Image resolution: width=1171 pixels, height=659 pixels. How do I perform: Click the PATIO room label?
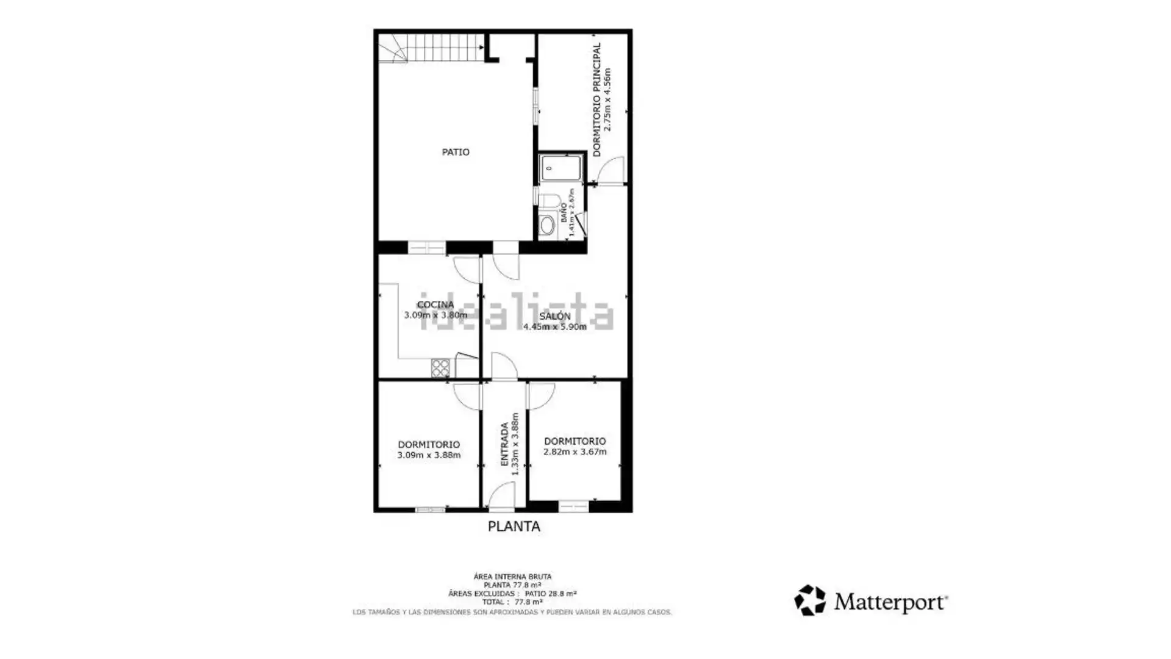click(x=456, y=152)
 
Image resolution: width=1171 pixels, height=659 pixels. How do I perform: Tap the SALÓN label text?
click(x=554, y=316)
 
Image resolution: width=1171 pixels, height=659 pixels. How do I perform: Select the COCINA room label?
click(x=435, y=304)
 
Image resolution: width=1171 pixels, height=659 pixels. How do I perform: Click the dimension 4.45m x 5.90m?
click(x=554, y=327)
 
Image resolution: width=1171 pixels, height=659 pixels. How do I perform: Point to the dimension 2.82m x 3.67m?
click(x=575, y=452)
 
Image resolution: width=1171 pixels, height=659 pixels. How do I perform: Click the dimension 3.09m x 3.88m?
click(x=429, y=455)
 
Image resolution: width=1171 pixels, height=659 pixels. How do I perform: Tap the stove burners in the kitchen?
click(x=440, y=368)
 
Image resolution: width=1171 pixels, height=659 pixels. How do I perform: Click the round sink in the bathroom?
click(x=548, y=225)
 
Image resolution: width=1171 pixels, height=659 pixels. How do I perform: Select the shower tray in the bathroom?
click(x=560, y=168)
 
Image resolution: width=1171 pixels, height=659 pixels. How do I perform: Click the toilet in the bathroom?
click(x=549, y=202)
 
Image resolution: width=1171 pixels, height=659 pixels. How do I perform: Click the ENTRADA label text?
click(x=504, y=444)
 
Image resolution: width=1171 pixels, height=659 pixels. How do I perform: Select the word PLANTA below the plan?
click(x=514, y=527)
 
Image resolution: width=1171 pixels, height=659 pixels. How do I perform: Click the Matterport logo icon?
click(x=810, y=600)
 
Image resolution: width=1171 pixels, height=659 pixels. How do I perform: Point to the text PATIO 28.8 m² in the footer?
click(x=551, y=594)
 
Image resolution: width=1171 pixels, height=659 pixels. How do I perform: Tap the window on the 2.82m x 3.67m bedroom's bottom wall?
click(x=573, y=506)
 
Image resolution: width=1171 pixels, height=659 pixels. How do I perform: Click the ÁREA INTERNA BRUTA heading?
click(x=512, y=577)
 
